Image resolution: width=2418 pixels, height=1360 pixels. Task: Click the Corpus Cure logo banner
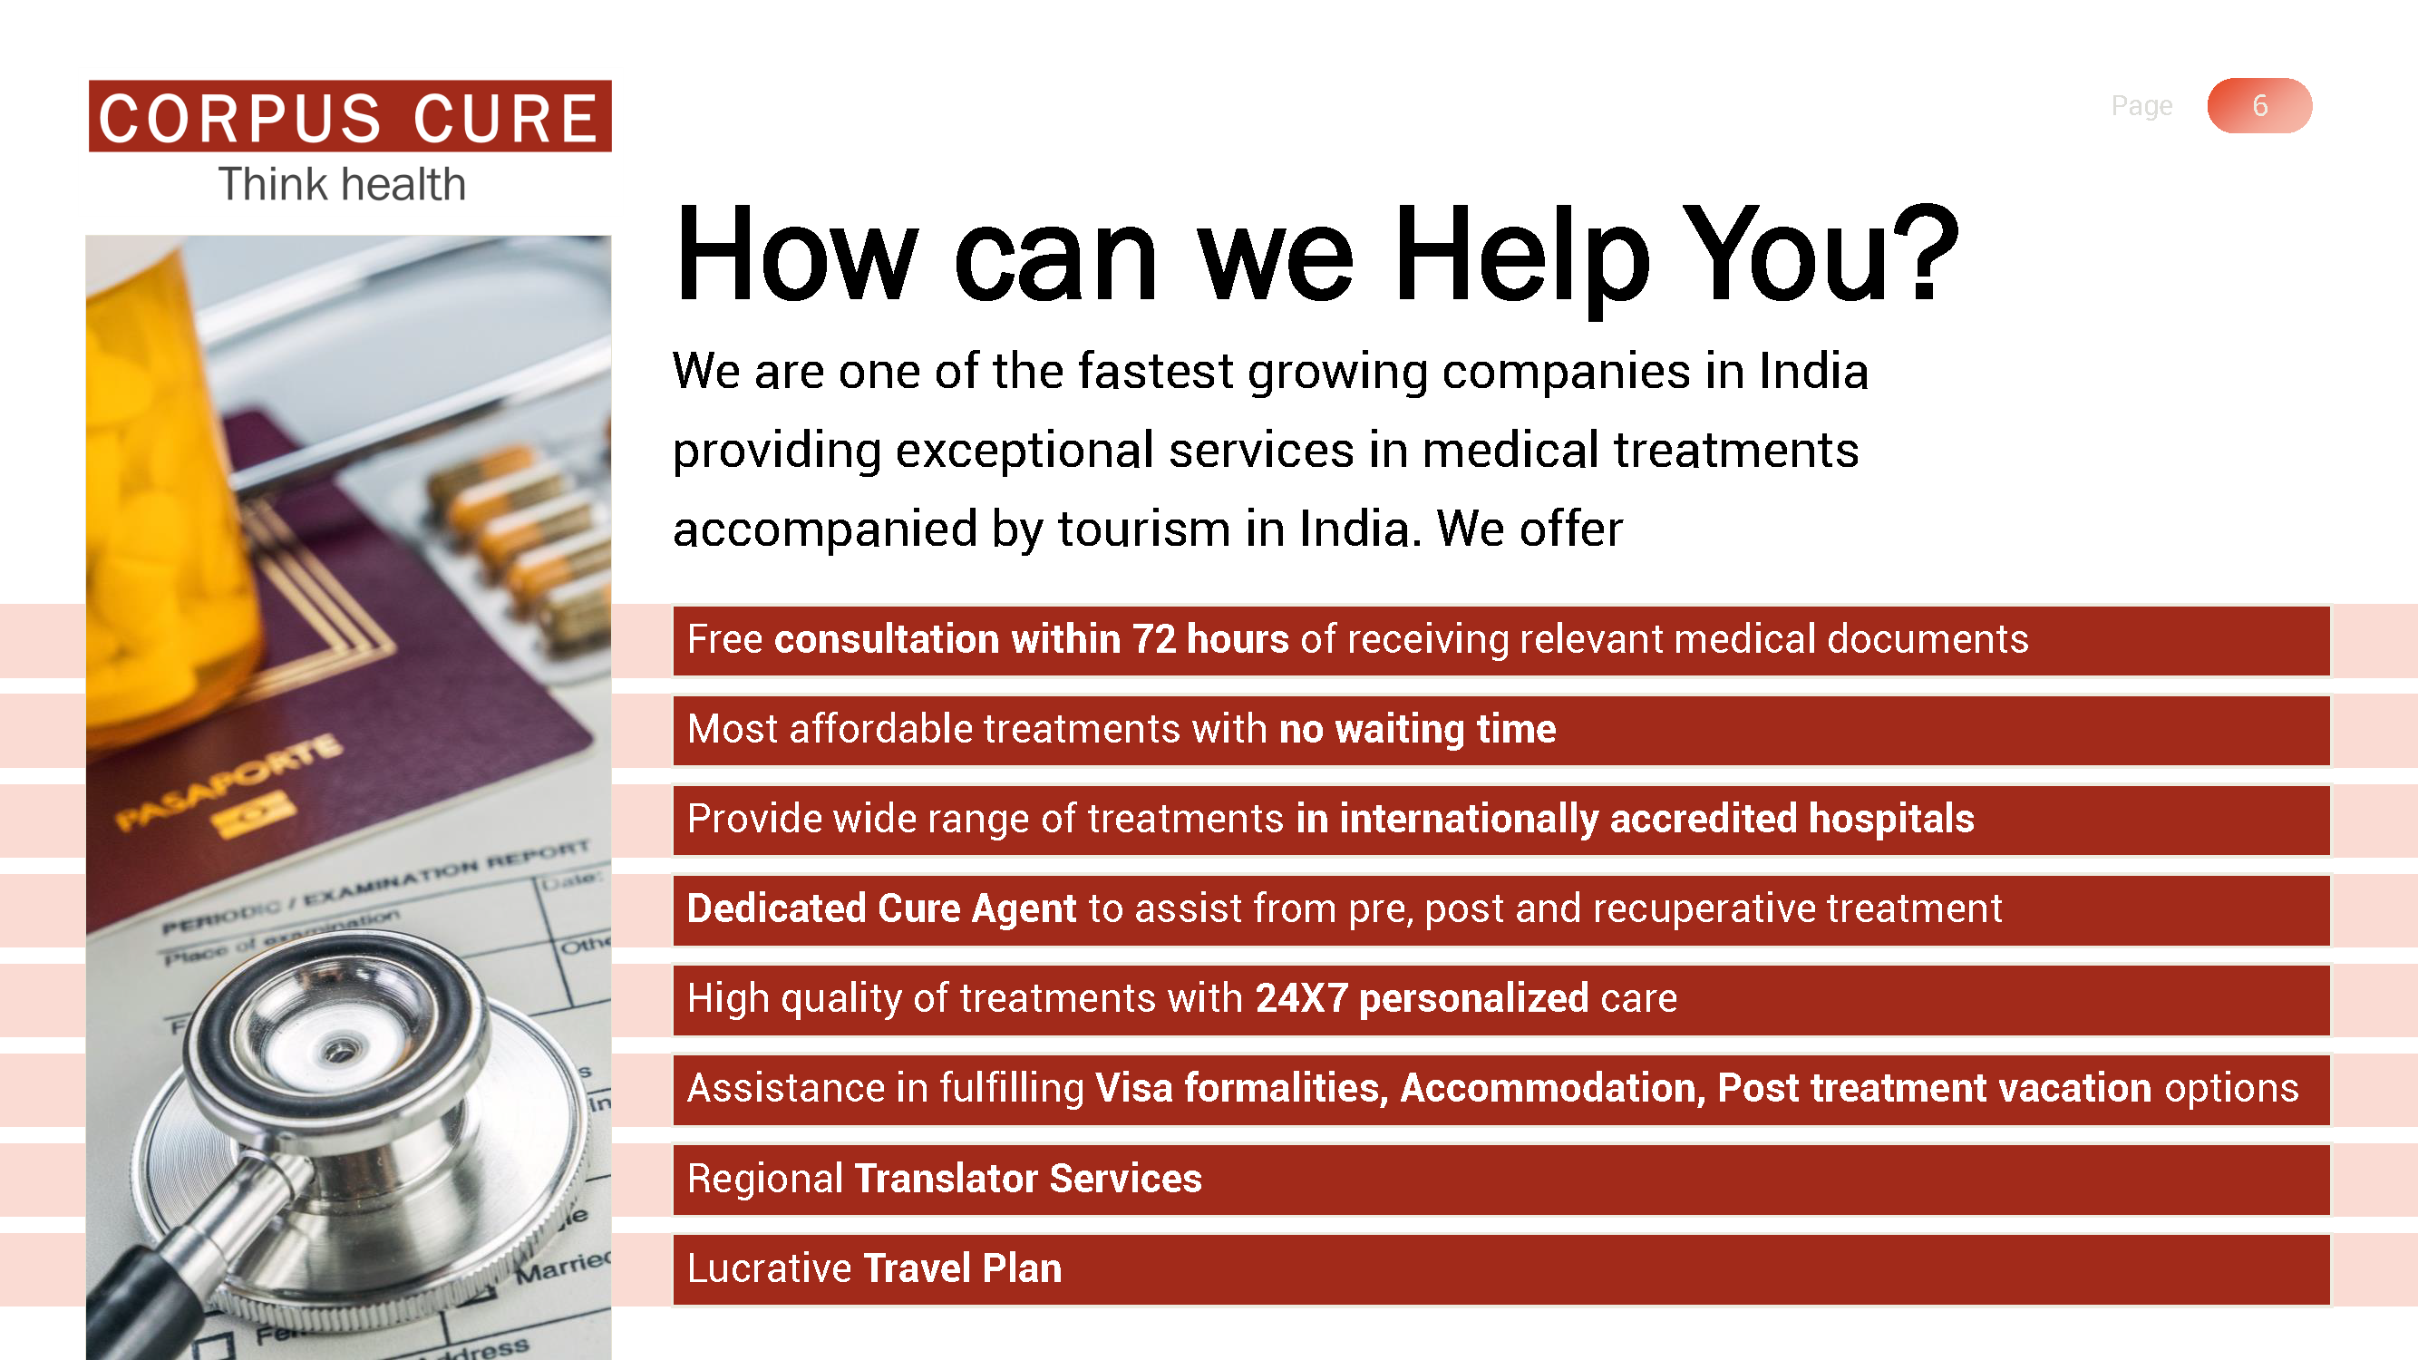(x=350, y=115)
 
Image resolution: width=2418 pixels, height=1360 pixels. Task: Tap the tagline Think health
(x=343, y=184)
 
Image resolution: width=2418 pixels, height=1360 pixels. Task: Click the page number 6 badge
(x=2259, y=105)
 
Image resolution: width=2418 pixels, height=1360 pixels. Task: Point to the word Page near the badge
(x=2141, y=106)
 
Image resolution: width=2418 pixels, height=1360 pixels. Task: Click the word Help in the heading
(x=1521, y=256)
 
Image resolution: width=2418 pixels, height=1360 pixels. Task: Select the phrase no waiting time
(x=1417, y=729)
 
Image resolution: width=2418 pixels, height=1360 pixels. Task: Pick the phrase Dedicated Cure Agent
(x=881, y=908)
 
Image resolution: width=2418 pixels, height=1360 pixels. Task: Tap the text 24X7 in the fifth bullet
(x=1301, y=997)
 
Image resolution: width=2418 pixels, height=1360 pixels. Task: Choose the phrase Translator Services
(x=1028, y=1178)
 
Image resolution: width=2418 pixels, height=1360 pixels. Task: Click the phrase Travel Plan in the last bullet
(x=962, y=1268)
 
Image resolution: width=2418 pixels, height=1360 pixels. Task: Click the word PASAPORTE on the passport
(x=228, y=781)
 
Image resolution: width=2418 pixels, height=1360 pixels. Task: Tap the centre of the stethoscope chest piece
(x=338, y=1051)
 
